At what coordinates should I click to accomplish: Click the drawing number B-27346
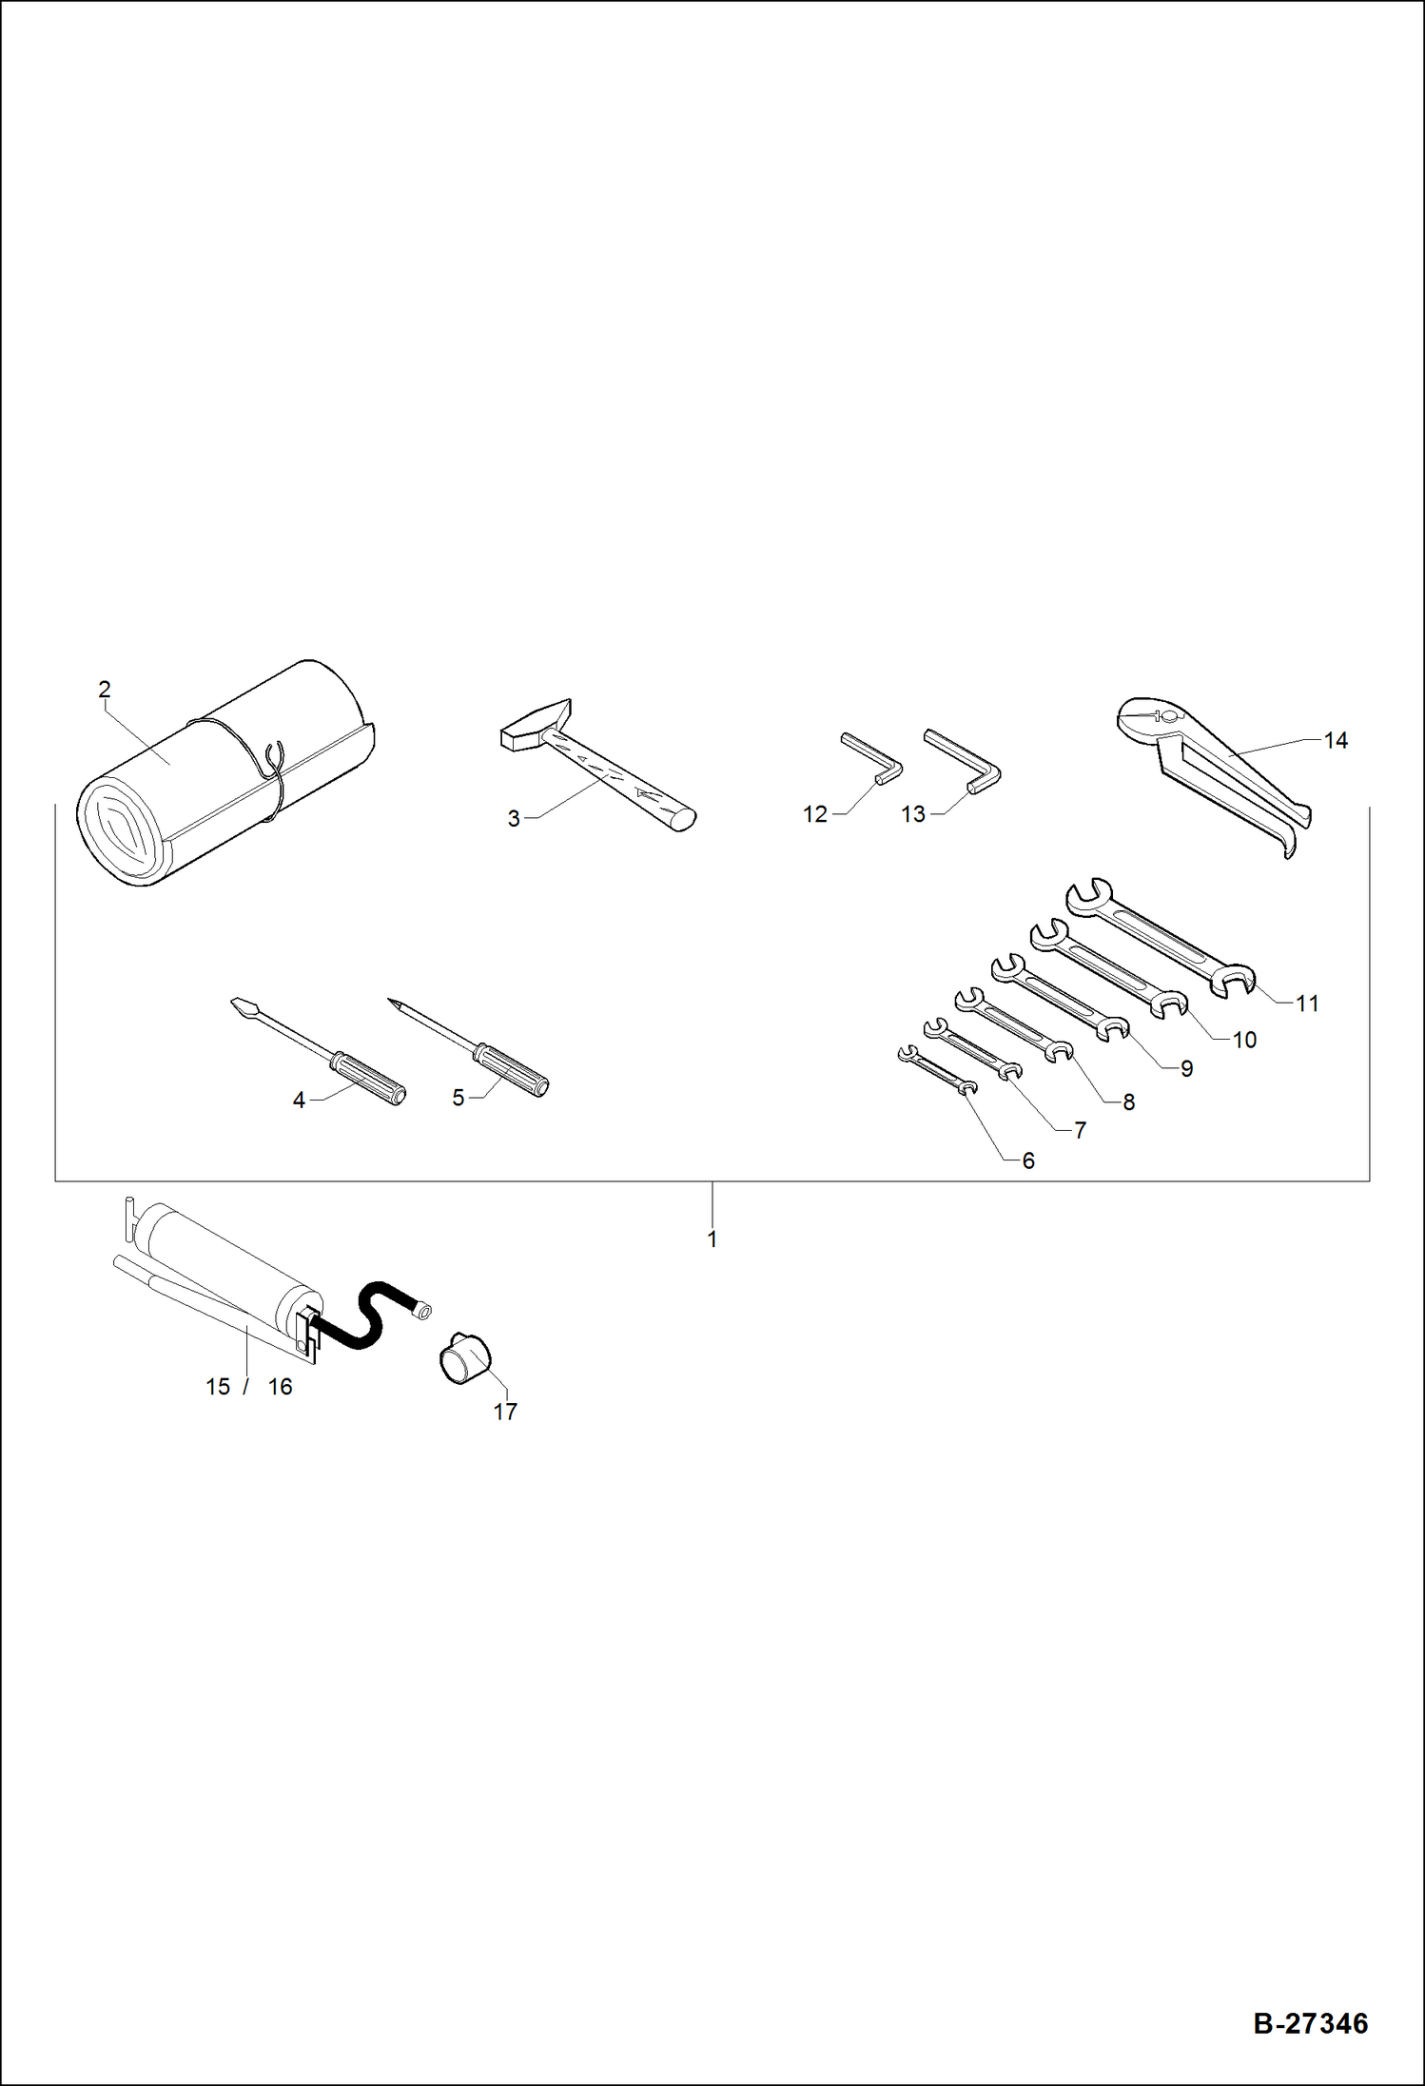pos(1310,2023)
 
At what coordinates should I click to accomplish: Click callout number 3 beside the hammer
pos(514,819)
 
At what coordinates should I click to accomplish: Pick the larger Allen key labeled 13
pos(962,760)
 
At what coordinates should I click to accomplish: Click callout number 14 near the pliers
pos(1336,740)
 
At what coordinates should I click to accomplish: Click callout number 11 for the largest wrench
pos(1307,1004)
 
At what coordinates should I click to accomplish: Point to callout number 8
pos(1128,1102)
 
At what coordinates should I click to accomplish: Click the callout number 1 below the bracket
pos(712,1239)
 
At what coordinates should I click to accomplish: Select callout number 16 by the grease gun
pos(280,1387)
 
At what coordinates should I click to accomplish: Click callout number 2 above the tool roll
pos(105,689)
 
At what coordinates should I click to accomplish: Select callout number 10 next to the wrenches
pos(1244,1040)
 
